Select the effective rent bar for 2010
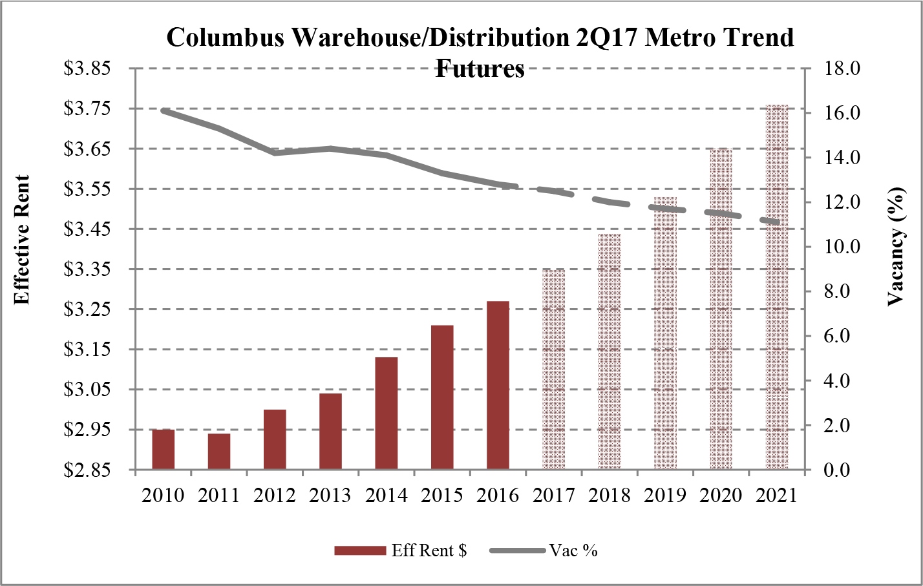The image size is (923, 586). [163, 449]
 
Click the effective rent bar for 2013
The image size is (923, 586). [330, 431]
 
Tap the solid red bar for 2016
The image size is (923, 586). [498, 385]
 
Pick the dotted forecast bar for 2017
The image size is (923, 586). [553, 368]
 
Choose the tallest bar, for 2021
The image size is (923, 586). [777, 288]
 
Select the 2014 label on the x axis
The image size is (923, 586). [386, 496]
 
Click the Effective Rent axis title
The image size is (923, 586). [22, 240]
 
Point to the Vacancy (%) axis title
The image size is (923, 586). [896, 246]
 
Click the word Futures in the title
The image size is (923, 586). [480, 68]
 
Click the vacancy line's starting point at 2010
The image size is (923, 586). [163, 110]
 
